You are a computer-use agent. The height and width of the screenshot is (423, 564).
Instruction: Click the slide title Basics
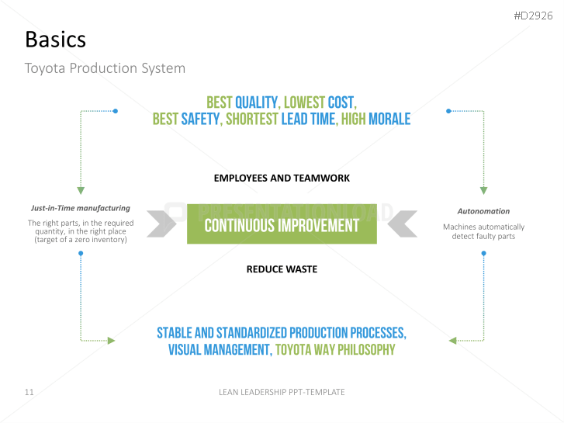pyautogui.click(x=55, y=40)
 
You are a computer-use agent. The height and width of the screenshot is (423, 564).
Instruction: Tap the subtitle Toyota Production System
pyautogui.click(x=105, y=68)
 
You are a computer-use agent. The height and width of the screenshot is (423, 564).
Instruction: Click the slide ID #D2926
pyautogui.click(x=533, y=16)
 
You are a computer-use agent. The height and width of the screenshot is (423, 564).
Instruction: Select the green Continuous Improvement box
pyautogui.click(x=282, y=224)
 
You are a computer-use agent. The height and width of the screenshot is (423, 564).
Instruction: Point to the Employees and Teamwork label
pyautogui.click(x=282, y=179)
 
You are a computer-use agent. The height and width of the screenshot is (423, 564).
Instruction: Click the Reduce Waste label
pyautogui.click(x=282, y=269)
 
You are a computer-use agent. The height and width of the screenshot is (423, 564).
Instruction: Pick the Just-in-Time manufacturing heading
pyautogui.click(x=81, y=208)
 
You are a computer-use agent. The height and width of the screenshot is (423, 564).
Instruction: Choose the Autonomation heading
pyautogui.click(x=483, y=211)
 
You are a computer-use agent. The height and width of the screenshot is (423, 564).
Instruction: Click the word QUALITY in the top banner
pyautogui.click(x=258, y=102)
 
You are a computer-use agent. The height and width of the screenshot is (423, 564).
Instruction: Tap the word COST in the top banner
pyautogui.click(x=341, y=102)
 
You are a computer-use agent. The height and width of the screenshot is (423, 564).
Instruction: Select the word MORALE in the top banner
pyautogui.click(x=389, y=120)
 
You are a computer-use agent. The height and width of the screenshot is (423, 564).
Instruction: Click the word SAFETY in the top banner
pyautogui.click(x=201, y=120)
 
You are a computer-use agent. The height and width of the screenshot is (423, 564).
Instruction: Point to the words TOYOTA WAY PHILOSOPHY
pyautogui.click(x=335, y=350)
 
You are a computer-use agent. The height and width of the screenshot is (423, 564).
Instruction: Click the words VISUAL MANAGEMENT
pyautogui.click(x=220, y=350)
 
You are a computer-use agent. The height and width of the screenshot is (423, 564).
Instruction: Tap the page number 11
pyautogui.click(x=29, y=392)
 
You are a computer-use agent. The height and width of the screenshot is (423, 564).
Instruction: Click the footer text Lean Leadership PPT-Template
pyautogui.click(x=282, y=392)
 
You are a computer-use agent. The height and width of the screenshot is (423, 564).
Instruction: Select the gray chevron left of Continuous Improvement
pyautogui.click(x=161, y=224)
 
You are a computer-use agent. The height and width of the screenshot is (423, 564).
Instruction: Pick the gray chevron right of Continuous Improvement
pyautogui.click(x=403, y=224)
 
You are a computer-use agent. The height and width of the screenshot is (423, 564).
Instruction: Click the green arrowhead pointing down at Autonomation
pyautogui.click(x=484, y=191)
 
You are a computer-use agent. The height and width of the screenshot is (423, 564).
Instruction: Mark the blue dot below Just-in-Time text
pyautogui.click(x=81, y=254)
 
